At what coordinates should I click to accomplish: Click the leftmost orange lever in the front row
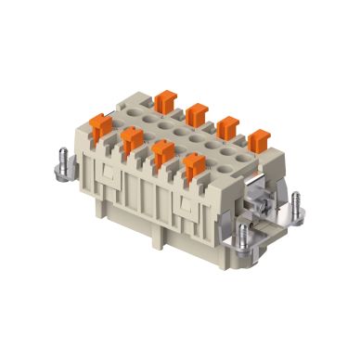tap(101, 121)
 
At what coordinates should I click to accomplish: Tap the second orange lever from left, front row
tap(131, 142)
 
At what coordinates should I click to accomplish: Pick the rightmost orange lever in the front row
tap(195, 168)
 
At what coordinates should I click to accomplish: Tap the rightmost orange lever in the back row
tap(259, 140)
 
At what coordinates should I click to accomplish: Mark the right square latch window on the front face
tap(190, 212)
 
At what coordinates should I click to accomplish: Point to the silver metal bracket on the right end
tap(264, 209)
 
